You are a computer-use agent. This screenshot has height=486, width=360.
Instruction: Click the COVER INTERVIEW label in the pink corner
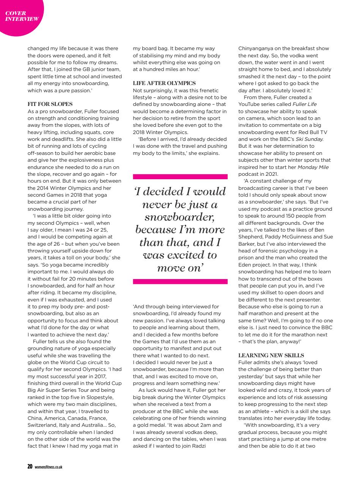point(22,16)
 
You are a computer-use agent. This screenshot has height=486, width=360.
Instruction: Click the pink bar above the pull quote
point(180,177)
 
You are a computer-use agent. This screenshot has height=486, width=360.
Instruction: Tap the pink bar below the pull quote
point(180,281)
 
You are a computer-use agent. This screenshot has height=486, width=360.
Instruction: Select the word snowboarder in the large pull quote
point(180,217)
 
